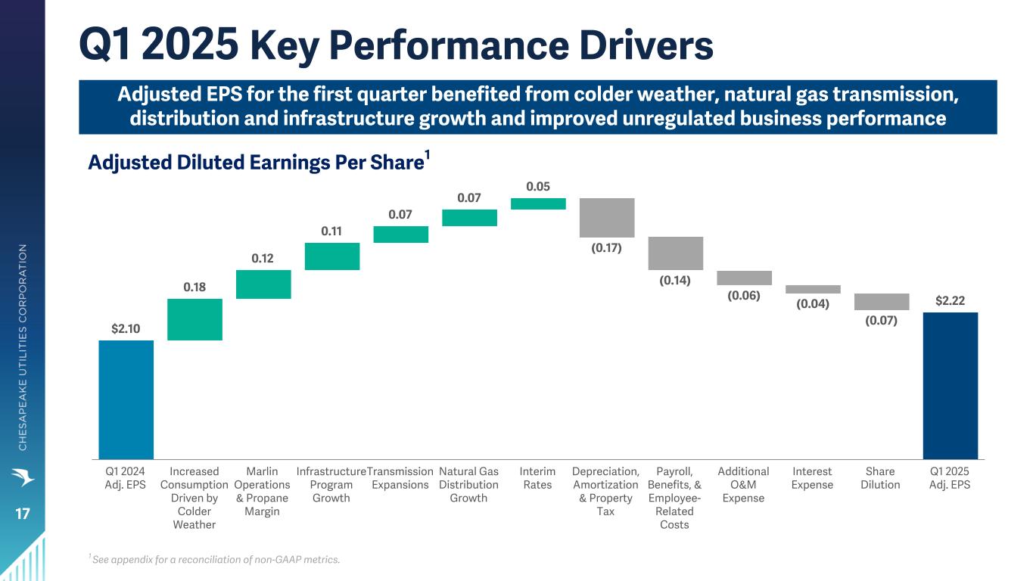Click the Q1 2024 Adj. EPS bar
pos(126,399)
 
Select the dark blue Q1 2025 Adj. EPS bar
pos(950,385)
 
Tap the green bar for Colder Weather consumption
pos(194,319)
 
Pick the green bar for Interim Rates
pos(538,204)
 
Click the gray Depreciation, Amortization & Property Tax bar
pos(607,218)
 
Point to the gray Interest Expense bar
pos(813,289)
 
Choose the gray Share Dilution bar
pos(882,302)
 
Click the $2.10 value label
pos(126,329)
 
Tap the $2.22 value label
pos(950,301)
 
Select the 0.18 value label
pos(194,287)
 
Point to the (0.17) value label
pos(607,247)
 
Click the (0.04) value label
pos(813,304)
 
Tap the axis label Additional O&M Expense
pos(743,484)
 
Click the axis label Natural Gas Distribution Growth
pos(468,484)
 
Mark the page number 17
pos(22,514)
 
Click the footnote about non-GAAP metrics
pos(215,560)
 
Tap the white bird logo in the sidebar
pos(23,477)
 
